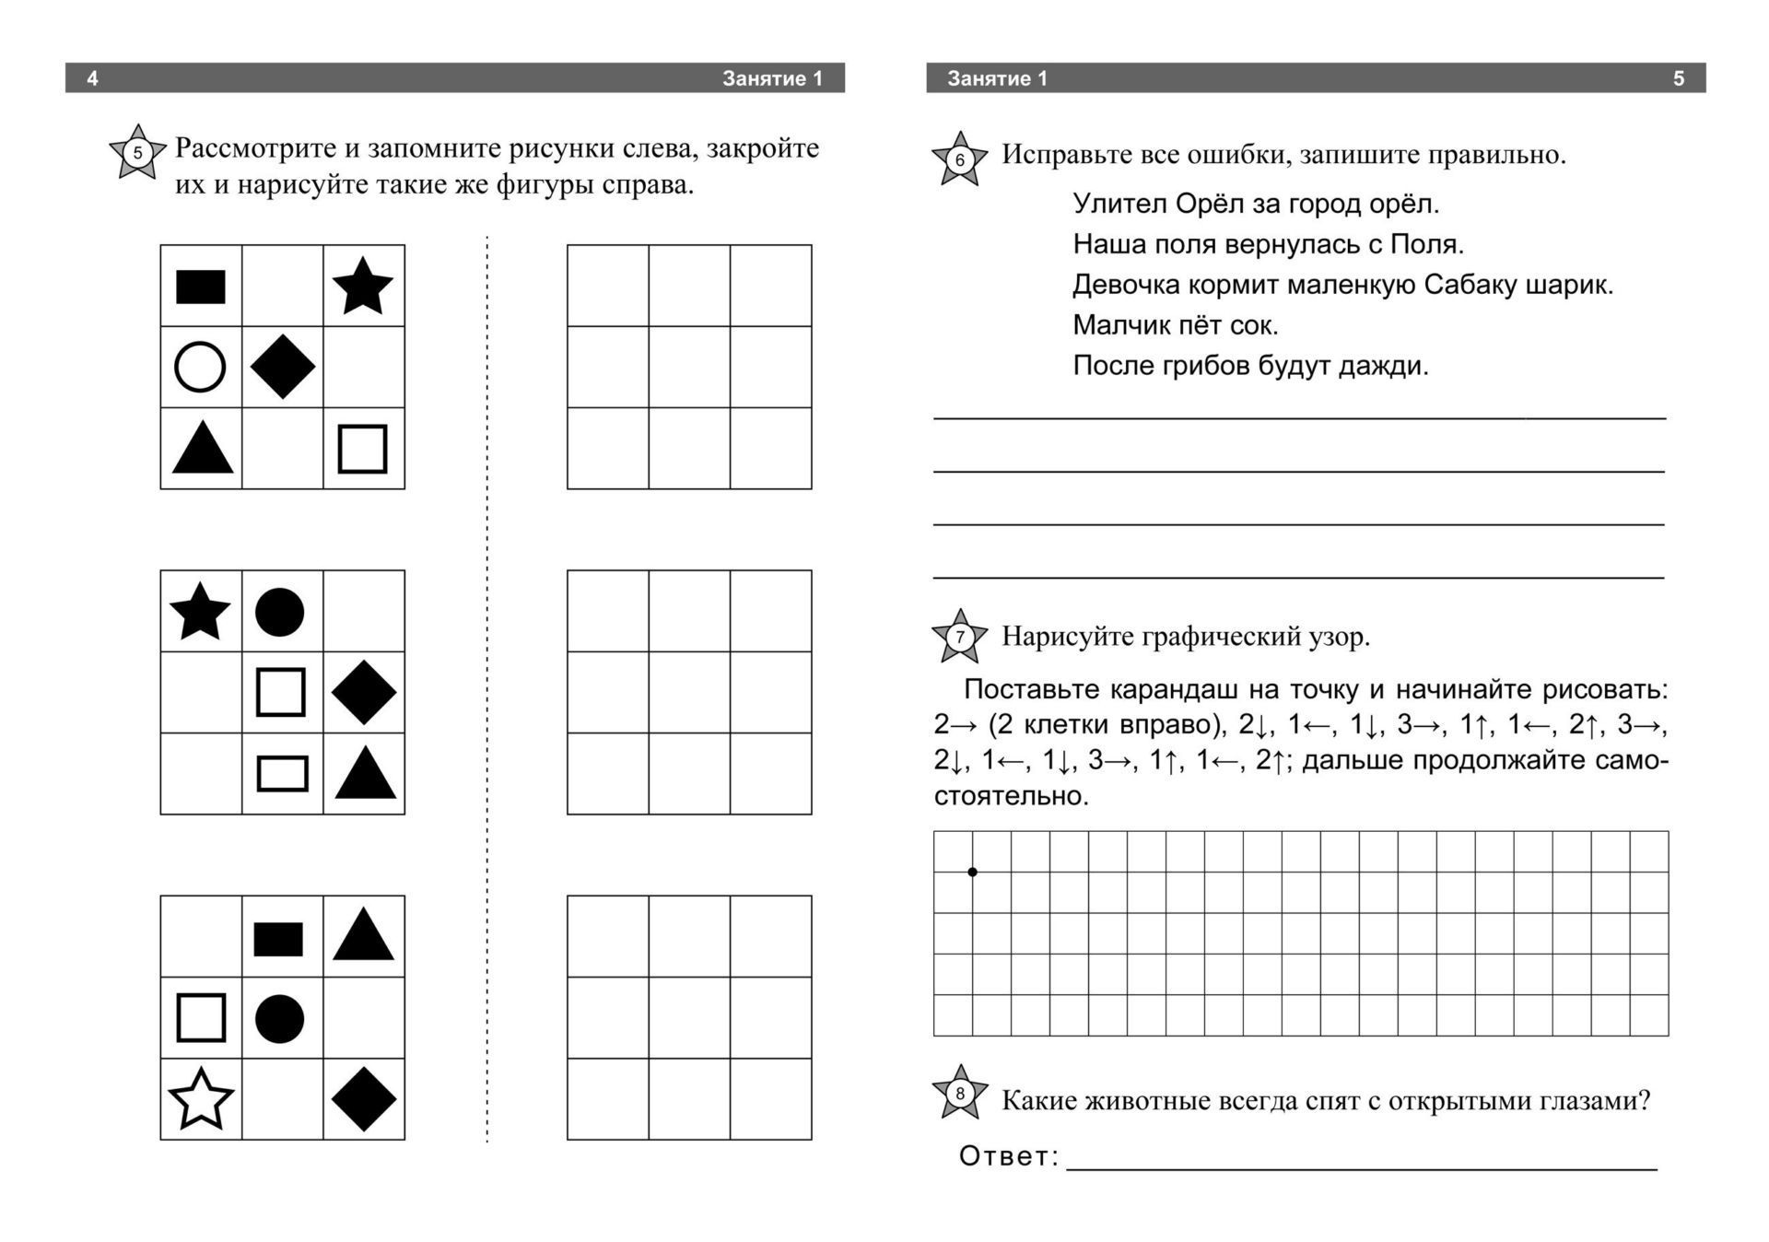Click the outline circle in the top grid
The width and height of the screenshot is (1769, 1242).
point(200,367)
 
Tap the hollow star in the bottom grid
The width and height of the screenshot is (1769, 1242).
point(201,1098)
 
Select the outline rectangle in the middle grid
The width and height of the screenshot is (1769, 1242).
point(282,774)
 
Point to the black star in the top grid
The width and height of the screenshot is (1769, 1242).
point(363,286)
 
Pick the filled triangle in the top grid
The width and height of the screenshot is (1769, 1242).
point(202,449)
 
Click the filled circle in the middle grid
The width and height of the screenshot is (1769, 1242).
point(279,612)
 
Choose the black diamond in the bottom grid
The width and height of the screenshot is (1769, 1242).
point(363,1098)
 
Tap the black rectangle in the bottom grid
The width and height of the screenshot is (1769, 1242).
point(278,939)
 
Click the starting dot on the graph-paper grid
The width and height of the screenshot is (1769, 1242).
point(972,872)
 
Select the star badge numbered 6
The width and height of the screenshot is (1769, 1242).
point(959,158)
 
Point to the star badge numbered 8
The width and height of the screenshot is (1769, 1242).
point(959,1093)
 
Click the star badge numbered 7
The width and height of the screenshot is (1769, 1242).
point(959,636)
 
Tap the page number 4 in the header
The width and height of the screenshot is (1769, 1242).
point(92,78)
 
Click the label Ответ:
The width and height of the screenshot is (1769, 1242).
point(1009,1156)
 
